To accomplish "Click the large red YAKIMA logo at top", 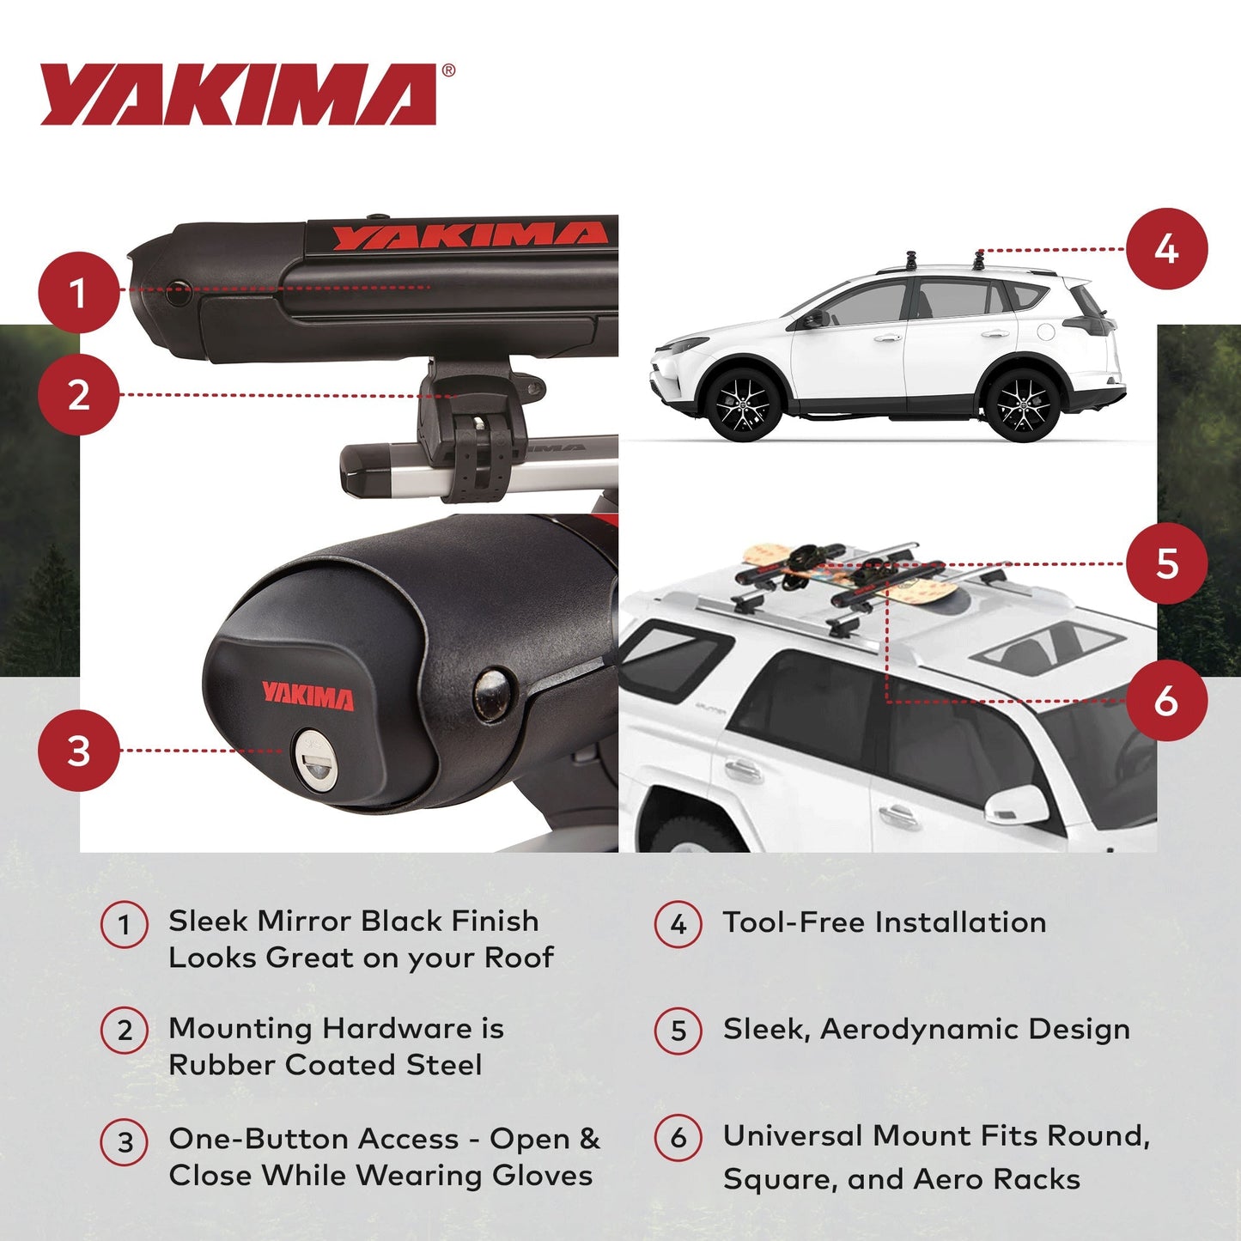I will click(239, 94).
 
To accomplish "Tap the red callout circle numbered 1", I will click(78, 292).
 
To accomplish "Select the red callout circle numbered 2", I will click(78, 395).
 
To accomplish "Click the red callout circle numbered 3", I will click(78, 751).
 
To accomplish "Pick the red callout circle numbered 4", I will click(1166, 249).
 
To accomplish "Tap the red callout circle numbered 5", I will click(1166, 563).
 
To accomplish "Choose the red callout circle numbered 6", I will click(1166, 701).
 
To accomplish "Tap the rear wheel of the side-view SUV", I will click(1022, 404).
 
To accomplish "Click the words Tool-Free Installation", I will click(884, 922).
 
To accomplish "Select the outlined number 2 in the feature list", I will click(125, 1030).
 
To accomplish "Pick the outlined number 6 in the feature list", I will click(678, 1138).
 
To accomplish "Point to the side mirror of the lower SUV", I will click(1013, 805).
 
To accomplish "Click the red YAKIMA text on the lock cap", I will click(307, 697).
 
